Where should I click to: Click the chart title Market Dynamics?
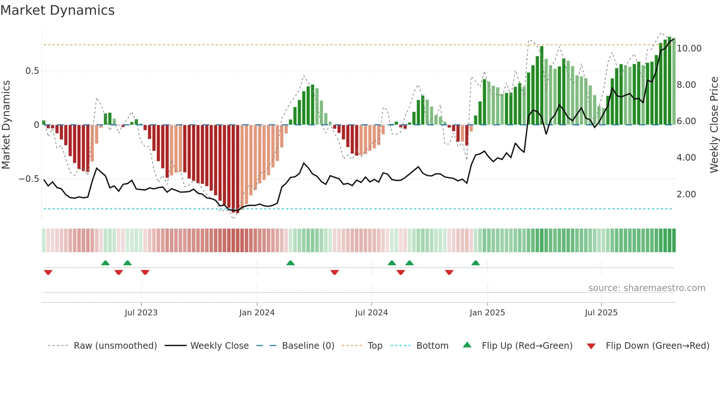tap(57, 10)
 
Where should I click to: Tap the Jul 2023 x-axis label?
tap(141, 313)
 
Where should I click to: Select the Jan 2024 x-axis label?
tap(257, 313)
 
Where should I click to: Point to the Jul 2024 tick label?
tap(371, 313)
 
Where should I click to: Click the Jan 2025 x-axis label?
tap(487, 313)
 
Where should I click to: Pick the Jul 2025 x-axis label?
tap(601, 313)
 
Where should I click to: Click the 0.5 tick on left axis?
tap(32, 71)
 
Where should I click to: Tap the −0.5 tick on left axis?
tap(29, 179)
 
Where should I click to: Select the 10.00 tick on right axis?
tap(689, 49)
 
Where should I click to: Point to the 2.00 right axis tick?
tap(686, 194)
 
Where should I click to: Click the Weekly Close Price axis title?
tap(714, 125)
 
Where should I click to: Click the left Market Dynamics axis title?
tap(6, 125)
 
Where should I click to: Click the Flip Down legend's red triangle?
tap(591, 346)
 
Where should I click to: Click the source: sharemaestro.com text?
tap(647, 288)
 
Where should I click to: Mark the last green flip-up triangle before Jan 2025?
tap(475, 263)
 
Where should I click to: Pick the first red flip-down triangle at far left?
tap(48, 272)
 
